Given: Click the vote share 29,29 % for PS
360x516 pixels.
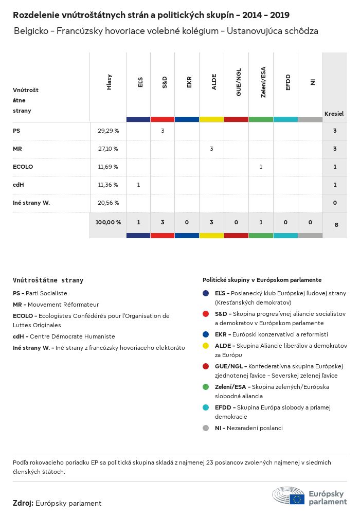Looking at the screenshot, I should click(108, 131).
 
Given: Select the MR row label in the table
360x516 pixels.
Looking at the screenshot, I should click(17, 149).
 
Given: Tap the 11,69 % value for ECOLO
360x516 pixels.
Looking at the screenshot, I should click(108, 167).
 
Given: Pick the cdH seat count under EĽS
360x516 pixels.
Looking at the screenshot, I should click(138, 185).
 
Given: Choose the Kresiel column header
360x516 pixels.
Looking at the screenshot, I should click(334, 113).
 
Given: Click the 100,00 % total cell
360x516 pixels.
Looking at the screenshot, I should click(108, 222).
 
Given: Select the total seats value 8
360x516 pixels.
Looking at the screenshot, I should click(335, 224).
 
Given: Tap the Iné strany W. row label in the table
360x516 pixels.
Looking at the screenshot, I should click(31, 203).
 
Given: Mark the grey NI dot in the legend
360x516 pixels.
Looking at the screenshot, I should click(206, 428).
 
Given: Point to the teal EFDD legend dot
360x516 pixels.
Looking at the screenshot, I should click(206, 407).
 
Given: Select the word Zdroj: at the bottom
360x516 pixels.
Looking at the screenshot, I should click(23, 503).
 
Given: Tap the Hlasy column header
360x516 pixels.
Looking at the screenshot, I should click(109, 83).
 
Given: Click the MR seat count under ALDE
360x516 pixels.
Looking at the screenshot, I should click(211, 149).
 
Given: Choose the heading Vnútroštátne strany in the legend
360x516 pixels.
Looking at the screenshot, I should click(48, 280).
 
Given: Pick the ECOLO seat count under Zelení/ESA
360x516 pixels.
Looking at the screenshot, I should click(261, 167).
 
